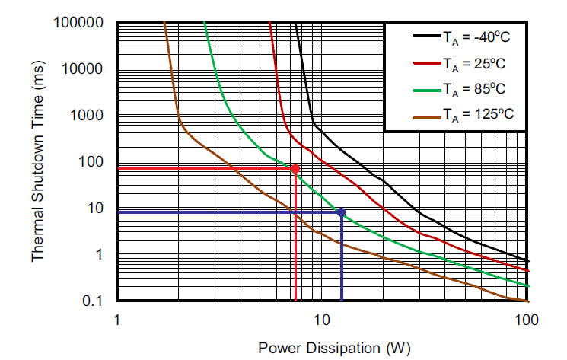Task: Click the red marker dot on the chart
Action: pos(295,168)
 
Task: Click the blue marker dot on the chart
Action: pos(341,212)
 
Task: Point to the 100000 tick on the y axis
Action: pos(78,22)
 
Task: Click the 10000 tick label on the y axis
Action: pos(82,69)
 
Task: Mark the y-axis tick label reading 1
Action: pos(100,255)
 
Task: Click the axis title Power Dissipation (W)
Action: pos(334,348)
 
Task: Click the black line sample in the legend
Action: pos(425,35)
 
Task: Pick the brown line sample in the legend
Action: pos(425,115)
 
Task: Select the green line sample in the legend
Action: pos(425,88)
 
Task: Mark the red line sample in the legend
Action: pos(425,62)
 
